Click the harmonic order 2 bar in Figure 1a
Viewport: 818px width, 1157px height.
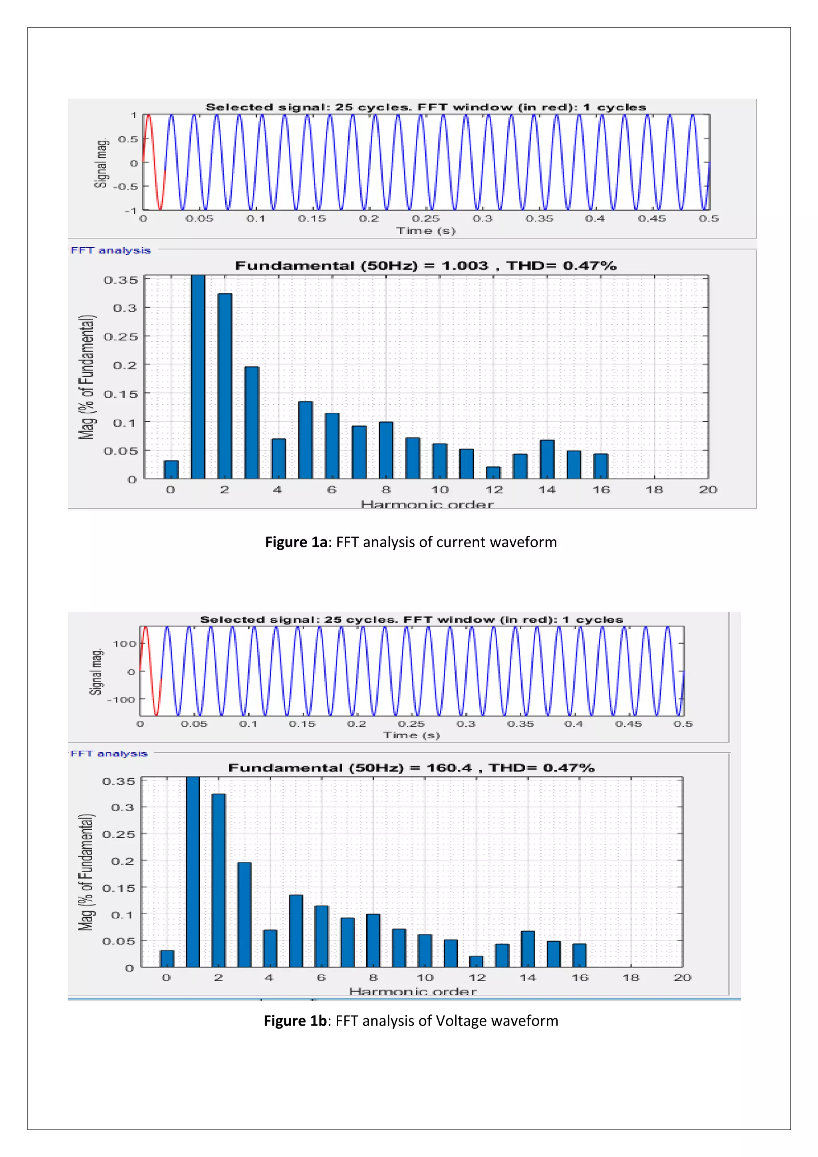(224, 386)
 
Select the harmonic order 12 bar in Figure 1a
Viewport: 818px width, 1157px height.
(493, 473)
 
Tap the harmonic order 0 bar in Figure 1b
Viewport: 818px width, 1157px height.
(167, 958)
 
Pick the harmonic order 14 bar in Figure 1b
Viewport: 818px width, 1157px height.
(528, 949)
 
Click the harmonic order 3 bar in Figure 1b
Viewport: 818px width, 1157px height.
(244, 914)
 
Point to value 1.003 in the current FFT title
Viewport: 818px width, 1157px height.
(465, 266)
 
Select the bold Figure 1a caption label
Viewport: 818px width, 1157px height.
(296, 542)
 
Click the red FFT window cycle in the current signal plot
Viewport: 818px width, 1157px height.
(154, 161)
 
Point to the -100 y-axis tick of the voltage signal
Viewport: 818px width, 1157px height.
(121, 700)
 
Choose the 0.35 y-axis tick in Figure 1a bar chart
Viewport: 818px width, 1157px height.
(120, 280)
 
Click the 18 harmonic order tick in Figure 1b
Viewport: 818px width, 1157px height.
(631, 978)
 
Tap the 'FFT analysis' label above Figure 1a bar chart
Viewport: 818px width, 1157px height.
(110, 250)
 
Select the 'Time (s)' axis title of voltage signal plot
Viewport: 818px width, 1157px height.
(411, 735)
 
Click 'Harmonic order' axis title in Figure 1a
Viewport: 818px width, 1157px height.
(427, 504)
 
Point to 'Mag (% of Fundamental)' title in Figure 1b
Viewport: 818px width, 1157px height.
(87, 872)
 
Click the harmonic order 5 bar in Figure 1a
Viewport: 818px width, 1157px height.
(305, 439)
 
